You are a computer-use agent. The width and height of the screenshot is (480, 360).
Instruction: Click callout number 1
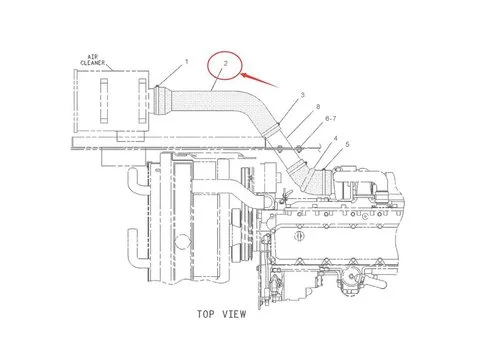point(187,62)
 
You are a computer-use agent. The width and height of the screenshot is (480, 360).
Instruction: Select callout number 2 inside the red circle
point(227,67)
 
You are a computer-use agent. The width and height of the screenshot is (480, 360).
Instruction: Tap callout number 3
point(302,95)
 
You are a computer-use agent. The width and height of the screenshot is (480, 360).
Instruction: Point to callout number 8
point(318,106)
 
